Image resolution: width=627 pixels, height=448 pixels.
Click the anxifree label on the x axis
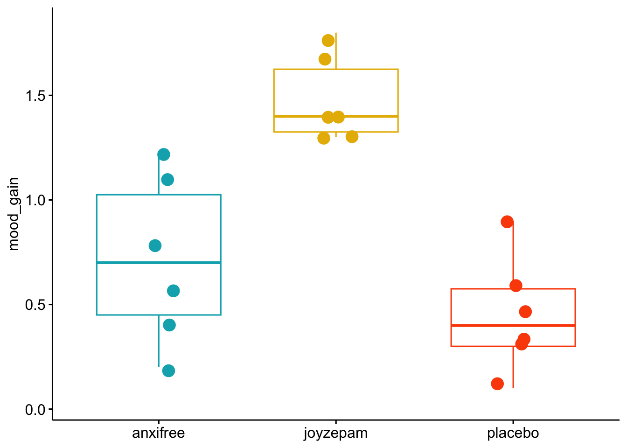[159, 433]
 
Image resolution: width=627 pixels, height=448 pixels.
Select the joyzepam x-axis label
[335, 433]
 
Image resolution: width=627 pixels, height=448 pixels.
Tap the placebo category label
[513, 433]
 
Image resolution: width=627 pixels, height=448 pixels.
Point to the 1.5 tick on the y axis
[35, 96]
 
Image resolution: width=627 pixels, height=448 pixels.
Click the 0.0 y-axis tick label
[35, 410]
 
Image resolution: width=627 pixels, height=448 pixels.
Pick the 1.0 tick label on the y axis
[35, 200]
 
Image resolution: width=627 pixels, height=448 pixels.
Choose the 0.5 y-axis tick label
[35, 305]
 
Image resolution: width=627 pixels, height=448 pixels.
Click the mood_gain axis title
[14, 214]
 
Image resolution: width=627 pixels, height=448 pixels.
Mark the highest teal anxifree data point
[164, 154]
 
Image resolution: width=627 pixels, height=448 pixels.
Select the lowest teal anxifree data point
[168, 371]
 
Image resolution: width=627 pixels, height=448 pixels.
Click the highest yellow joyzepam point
[328, 41]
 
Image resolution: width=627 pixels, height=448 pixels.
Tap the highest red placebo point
[507, 222]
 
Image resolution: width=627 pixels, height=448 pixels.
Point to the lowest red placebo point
[497, 384]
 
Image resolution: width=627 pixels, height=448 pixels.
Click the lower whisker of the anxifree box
[159, 345]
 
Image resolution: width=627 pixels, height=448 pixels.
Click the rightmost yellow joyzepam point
[352, 137]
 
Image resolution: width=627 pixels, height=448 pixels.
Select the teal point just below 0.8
[155, 245]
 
